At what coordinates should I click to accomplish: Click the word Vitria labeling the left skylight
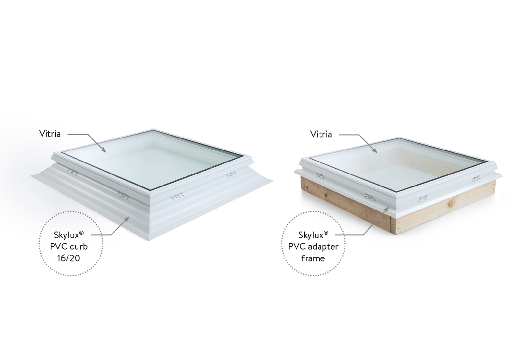coord(50,134)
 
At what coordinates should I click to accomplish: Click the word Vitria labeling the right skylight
coord(321,134)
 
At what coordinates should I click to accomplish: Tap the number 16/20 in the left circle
coord(69,258)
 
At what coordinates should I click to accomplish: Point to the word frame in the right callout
coord(313,258)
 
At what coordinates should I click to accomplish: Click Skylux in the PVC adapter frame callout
coord(311,234)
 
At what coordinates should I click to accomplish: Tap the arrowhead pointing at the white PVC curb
coord(128,218)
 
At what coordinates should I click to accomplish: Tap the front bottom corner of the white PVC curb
coord(150,240)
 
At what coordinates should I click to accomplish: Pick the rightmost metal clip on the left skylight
coord(231,174)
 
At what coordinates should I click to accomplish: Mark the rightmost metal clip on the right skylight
coord(476,178)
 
